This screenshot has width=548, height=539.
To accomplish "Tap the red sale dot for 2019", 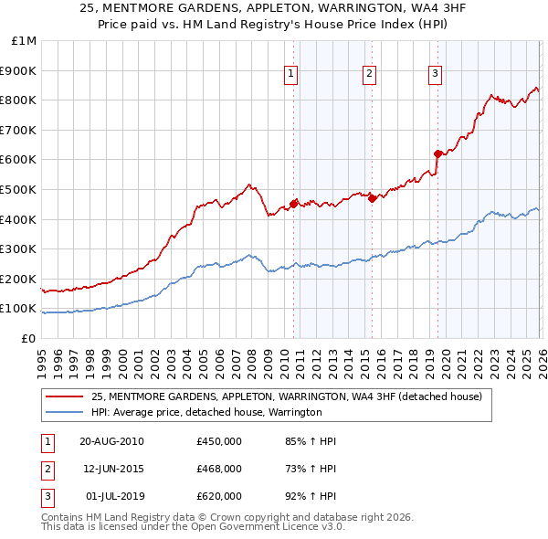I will pos(437,153).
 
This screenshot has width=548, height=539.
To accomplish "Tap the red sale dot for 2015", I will pos(372,198).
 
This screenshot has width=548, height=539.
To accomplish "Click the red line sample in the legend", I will pos(65,396).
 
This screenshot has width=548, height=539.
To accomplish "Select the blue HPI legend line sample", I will pos(65,412).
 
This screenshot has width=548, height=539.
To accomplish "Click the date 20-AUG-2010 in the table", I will pos(111,441).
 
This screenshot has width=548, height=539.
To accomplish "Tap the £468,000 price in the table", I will pos(219,469).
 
